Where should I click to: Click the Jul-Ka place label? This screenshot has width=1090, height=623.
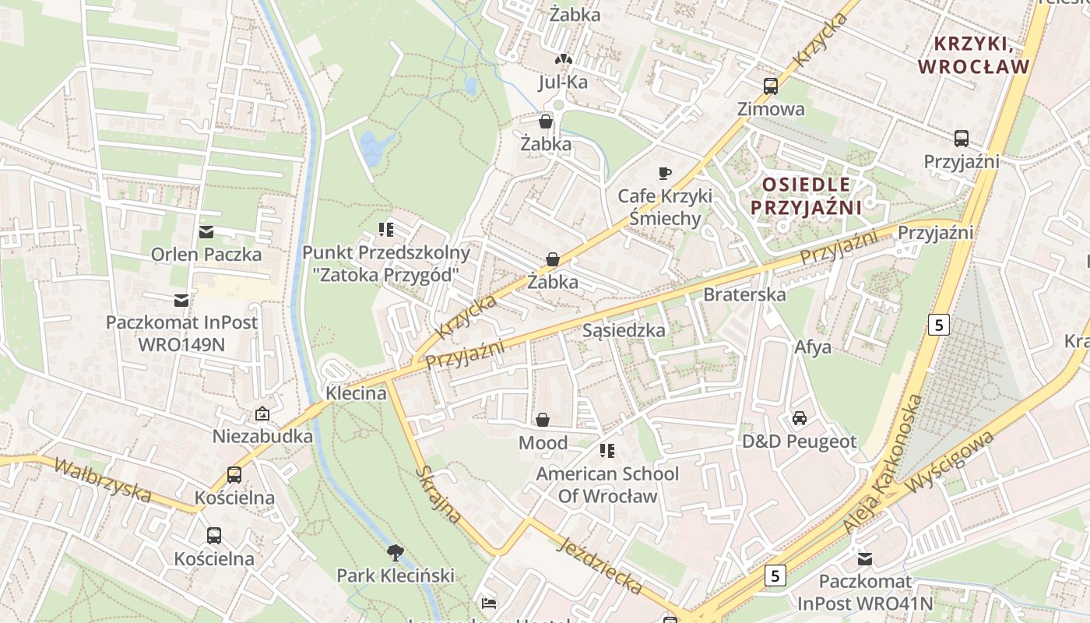tap(563, 82)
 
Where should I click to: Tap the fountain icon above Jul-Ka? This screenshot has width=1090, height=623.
tap(563, 59)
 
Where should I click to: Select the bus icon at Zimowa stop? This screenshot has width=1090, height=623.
tap(771, 86)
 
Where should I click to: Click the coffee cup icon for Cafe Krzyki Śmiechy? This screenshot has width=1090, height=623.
tap(664, 173)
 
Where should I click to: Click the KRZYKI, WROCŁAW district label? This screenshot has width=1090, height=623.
tap(973, 55)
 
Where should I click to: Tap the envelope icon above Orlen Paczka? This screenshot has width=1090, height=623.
tap(206, 231)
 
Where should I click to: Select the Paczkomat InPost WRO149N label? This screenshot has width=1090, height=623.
tap(181, 333)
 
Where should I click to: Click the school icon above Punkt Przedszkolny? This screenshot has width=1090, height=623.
tap(386, 229)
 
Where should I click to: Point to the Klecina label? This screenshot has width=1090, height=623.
tap(356, 392)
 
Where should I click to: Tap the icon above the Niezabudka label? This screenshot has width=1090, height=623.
tap(262, 414)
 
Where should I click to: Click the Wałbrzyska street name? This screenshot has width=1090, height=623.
tap(103, 479)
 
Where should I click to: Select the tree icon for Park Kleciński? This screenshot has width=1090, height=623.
tap(396, 553)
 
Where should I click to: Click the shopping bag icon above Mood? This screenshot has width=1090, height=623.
tap(543, 420)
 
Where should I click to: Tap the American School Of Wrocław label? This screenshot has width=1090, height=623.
tap(607, 484)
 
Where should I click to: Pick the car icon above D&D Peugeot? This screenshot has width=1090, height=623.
tap(799, 418)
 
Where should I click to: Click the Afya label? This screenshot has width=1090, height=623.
tap(813, 347)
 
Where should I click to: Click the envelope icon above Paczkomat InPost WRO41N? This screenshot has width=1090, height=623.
tap(864, 558)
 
